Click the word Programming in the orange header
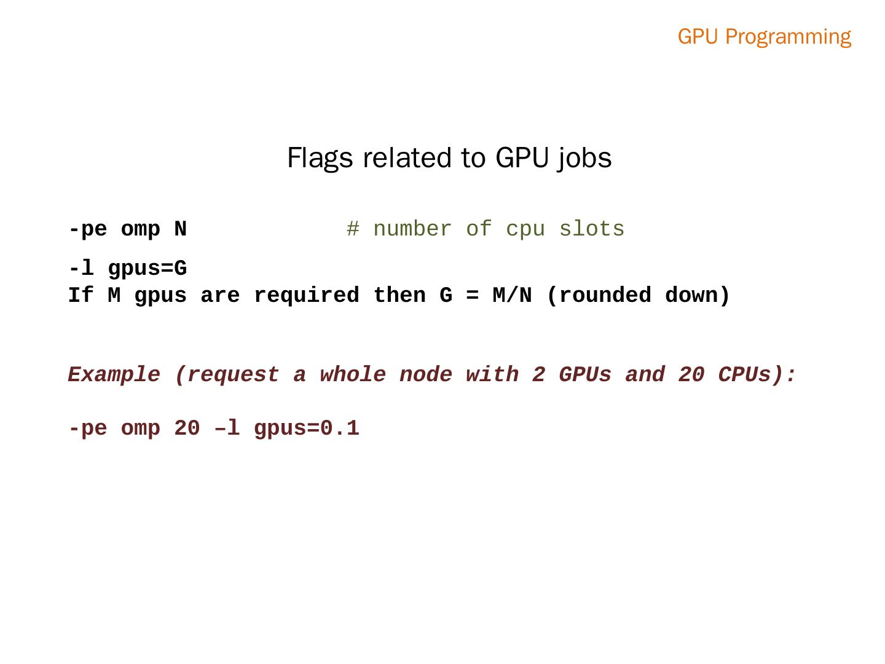[x=788, y=37]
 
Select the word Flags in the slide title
[x=320, y=158]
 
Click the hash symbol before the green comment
[x=353, y=229]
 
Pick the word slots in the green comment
[x=591, y=229]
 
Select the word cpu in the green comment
[x=525, y=229]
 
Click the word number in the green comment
[x=412, y=229]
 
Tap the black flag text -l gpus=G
[x=127, y=269]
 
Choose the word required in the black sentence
[x=306, y=296]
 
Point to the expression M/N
[x=512, y=296]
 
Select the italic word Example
[x=114, y=374]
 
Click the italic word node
[x=426, y=374]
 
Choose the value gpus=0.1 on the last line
[x=306, y=429]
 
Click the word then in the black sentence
[x=399, y=296]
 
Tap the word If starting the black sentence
[x=81, y=296]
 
